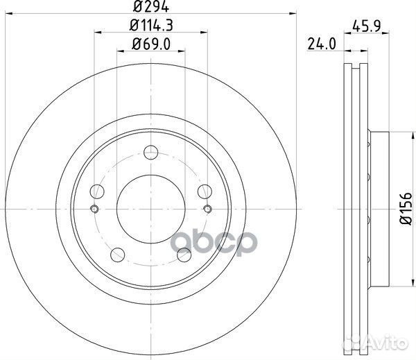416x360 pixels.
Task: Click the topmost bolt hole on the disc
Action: pos(152,155)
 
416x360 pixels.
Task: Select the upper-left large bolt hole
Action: pos(97,191)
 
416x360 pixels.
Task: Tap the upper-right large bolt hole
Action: pos(204,190)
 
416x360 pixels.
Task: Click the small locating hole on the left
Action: pos(94,209)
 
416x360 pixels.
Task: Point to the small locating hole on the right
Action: pos(207,209)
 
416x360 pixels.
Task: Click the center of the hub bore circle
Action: pos(150,207)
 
